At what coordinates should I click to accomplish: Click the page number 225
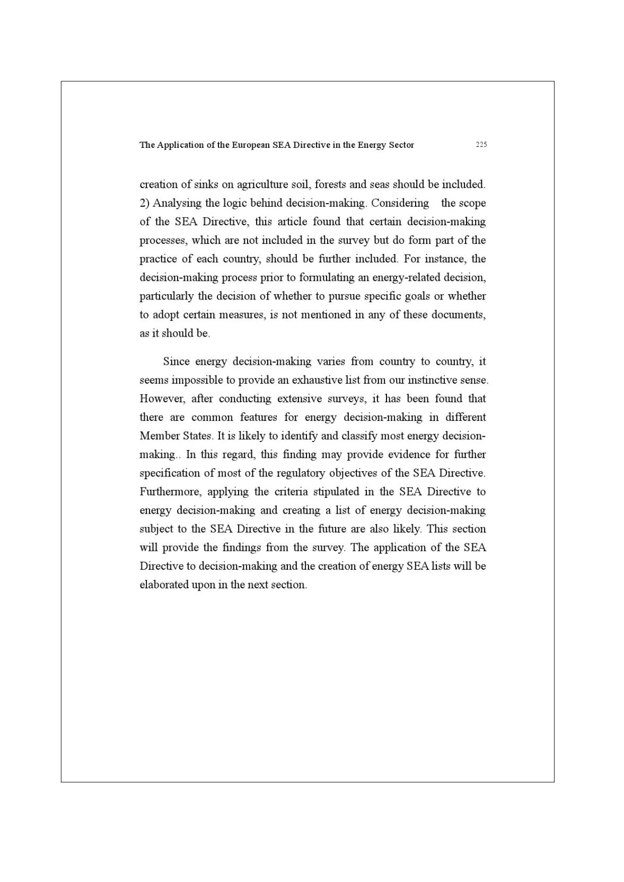(x=481, y=145)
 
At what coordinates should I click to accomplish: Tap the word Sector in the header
(x=401, y=145)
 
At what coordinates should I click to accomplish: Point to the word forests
(x=330, y=184)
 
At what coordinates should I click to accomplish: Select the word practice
(x=158, y=259)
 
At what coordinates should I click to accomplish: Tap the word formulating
(x=327, y=277)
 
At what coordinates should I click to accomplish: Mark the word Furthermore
(x=170, y=491)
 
